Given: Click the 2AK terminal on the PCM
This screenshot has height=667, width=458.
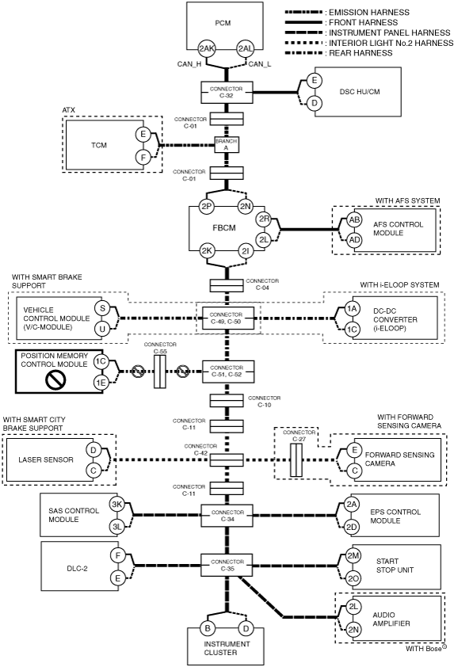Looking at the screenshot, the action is [207, 48].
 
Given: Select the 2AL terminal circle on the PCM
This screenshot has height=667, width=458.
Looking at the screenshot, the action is [245, 48].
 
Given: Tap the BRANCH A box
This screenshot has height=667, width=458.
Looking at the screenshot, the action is [226, 145].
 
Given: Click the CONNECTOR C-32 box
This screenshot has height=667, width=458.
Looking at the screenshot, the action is [227, 93].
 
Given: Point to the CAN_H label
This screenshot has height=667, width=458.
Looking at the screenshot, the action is [189, 64].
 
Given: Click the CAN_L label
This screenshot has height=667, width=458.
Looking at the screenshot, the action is [260, 64].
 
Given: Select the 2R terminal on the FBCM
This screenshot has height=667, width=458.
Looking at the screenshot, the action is [264, 219].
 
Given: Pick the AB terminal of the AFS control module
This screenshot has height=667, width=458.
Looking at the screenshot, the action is [354, 220].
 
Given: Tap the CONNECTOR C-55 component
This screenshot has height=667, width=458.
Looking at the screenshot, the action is [159, 372].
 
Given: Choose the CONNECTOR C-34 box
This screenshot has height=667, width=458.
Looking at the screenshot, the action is [227, 516].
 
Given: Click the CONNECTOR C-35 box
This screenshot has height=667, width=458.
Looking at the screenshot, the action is [227, 565].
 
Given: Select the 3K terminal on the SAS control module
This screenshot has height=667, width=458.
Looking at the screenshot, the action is [116, 505].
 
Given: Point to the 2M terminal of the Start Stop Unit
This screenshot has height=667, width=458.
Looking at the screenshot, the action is [353, 555].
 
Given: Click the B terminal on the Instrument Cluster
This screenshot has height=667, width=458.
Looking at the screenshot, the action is [208, 628].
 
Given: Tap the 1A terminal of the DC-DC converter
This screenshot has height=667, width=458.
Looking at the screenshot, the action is [352, 309].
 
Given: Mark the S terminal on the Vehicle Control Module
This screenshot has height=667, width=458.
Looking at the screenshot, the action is [102, 307].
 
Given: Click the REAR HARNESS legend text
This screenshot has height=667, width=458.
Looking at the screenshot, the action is [361, 53].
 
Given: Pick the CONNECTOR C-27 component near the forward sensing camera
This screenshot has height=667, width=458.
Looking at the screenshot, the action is [296, 459].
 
